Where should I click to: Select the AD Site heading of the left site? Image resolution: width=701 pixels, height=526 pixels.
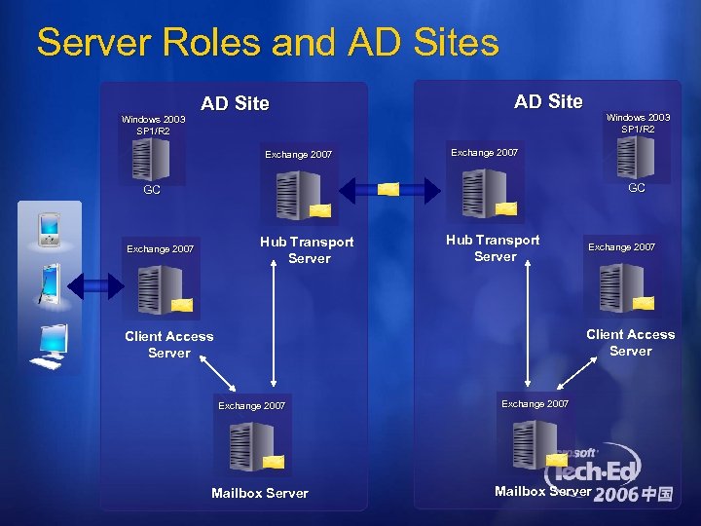pyautogui.click(x=235, y=103)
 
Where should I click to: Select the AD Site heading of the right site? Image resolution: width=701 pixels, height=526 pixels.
pyautogui.click(x=548, y=101)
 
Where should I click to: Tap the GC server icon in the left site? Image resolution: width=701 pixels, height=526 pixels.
pyautogui.click(x=151, y=159)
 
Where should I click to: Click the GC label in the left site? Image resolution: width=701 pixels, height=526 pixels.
pyautogui.click(x=152, y=191)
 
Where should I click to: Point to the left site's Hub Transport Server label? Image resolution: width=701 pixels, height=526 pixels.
pyautogui.click(x=307, y=249)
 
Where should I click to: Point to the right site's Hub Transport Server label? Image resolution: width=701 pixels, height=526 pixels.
pyautogui.click(x=494, y=247)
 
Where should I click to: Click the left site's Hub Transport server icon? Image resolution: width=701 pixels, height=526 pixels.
pyautogui.click(x=298, y=196)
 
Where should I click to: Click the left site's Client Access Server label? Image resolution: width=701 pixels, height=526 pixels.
pyautogui.click(x=168, y=344)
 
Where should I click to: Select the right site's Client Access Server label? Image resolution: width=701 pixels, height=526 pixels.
pyautogui.click(x=630, y=342)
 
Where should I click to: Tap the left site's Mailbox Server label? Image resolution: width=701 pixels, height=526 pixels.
pyautogui.click(x=259, y=493)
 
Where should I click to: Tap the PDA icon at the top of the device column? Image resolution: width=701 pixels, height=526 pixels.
pyautogui.click(x=48, y=229)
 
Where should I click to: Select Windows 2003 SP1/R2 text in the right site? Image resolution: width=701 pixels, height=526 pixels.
pyautogui.click(x=638, y=123)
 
